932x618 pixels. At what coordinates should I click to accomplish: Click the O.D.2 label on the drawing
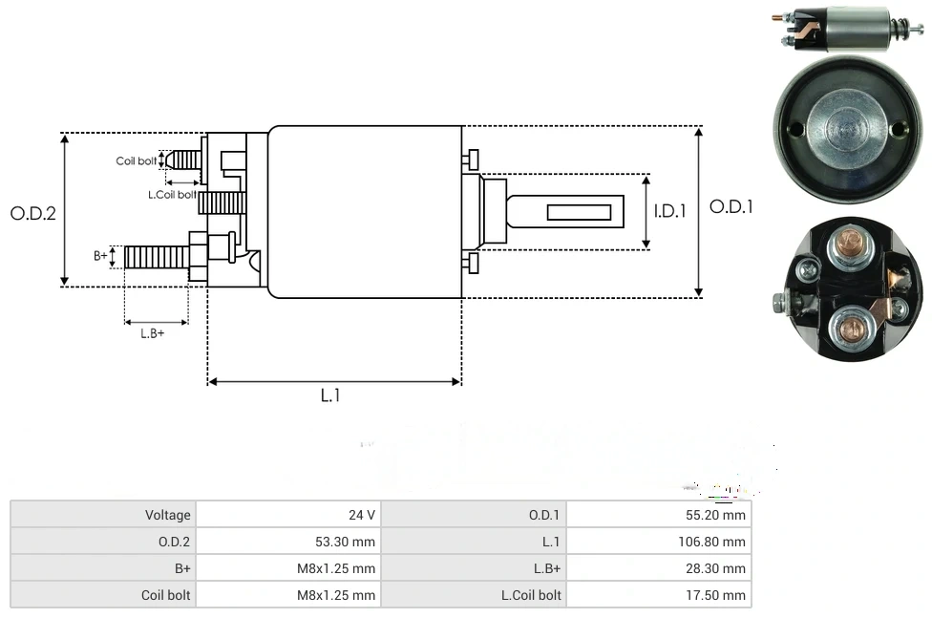tap(33, 213)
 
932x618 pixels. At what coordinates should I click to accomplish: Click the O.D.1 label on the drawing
tap(731, 206)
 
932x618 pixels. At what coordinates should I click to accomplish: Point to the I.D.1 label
tap(670, 212)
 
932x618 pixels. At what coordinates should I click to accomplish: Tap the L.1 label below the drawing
tap(330, 395)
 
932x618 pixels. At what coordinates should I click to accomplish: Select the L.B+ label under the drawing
tap(153, 333)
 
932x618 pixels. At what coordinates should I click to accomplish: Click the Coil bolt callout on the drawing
tap(137, 161)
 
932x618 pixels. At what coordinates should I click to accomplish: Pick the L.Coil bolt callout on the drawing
tap(172, 195)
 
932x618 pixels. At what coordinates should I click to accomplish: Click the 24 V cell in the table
tap(362, 515)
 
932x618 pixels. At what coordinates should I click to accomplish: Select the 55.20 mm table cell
tap(721, 515)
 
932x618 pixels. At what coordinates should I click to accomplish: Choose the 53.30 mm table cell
tap(348, 542)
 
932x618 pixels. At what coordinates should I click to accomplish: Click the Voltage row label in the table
tap(167, 515)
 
